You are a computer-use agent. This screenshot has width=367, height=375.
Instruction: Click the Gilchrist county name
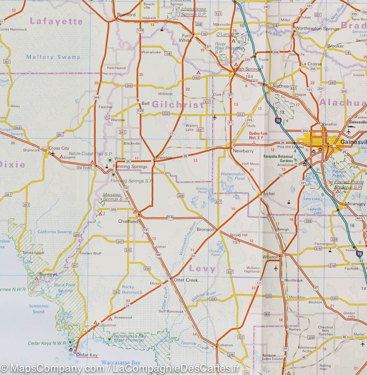(178, 105)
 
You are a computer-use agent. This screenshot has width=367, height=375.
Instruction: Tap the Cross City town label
(59, 148)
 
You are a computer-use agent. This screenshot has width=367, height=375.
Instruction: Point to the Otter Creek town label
(186, 280)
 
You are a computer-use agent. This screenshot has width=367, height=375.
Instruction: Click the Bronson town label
(205, 229)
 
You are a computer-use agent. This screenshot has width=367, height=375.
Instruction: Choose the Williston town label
(270, 257)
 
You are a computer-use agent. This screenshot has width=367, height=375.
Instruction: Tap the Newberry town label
(243, 151)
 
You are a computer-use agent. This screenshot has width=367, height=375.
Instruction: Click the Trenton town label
(164, 158)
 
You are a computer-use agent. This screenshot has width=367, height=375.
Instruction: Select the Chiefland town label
(128, 221)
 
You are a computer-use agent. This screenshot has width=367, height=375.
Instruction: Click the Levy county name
(202, 269)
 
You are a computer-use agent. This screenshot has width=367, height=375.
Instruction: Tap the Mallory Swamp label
(53, 57)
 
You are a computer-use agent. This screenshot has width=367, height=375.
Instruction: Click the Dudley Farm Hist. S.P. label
(258, 135)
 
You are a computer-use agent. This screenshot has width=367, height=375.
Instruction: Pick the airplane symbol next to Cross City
(52, 153)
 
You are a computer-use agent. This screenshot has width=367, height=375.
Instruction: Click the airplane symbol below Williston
(276, 268)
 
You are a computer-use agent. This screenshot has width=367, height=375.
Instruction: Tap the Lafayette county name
(56, 22)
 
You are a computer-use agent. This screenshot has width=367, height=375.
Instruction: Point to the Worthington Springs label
(317, 29)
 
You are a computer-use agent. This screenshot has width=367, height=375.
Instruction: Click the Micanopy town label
(355, 204)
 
